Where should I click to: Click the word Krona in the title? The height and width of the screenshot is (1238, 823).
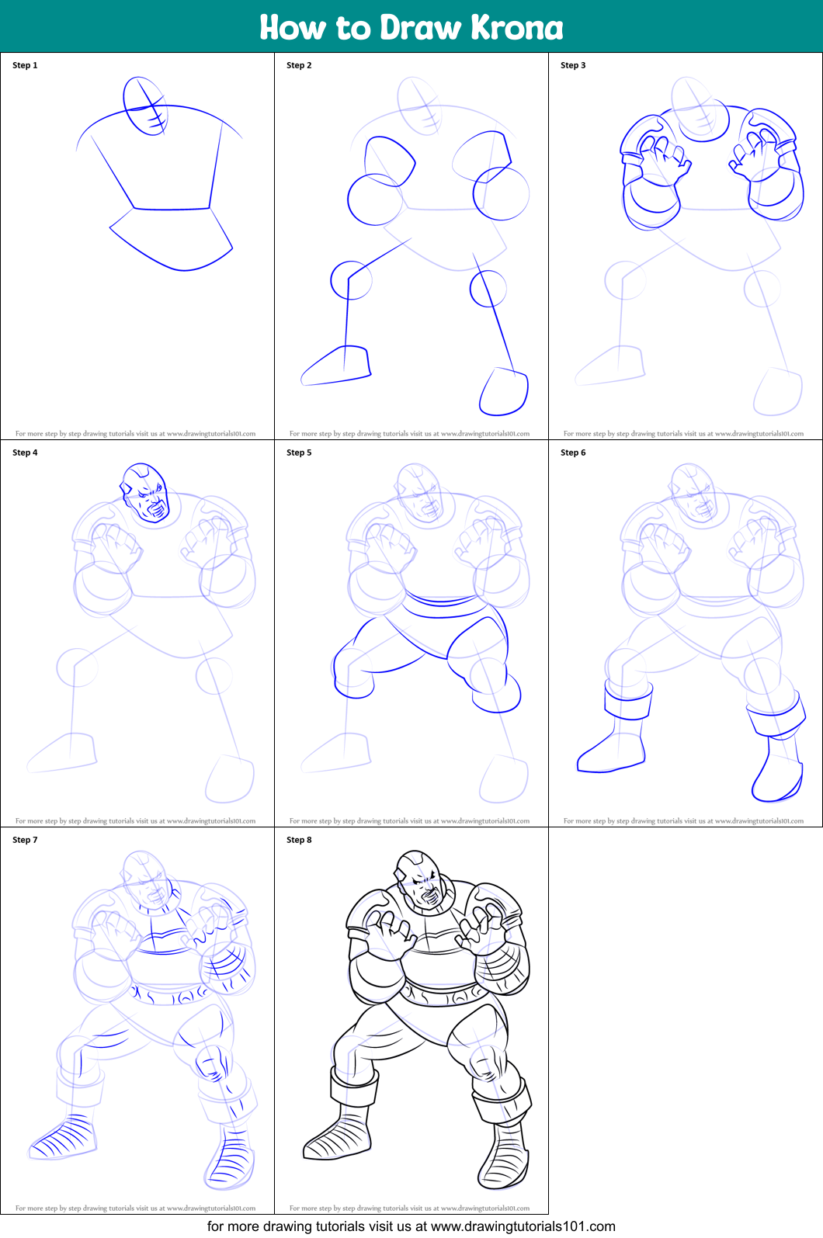[x=516, y=27]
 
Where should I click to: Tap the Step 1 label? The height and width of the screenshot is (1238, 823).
[x=25, y=65]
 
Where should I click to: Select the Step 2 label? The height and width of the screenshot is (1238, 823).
[x=299, y=65]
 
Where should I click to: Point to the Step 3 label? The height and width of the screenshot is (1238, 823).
[x=573, y=65]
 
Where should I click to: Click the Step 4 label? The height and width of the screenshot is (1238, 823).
[x=25, y=453]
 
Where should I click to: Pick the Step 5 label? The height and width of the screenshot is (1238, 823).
[x=299, y=453]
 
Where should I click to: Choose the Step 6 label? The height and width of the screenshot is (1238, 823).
[x=573, y=453]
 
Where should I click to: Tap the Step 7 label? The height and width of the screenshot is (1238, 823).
[x=25, y=840]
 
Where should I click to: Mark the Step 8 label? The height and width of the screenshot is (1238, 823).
[x=299, y=840]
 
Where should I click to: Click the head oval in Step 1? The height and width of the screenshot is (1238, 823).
[x=145, y=106]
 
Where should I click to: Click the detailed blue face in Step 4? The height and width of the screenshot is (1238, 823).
[x=145, y=494]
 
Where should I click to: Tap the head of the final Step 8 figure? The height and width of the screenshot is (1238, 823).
[x=419, y=881]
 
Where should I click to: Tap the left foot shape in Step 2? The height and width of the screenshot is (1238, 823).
[x=338, y=366]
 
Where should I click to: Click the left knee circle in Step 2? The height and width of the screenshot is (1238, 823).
[x=350, y=280]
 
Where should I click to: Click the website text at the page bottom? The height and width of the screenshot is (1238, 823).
[x=411, y=1226]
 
